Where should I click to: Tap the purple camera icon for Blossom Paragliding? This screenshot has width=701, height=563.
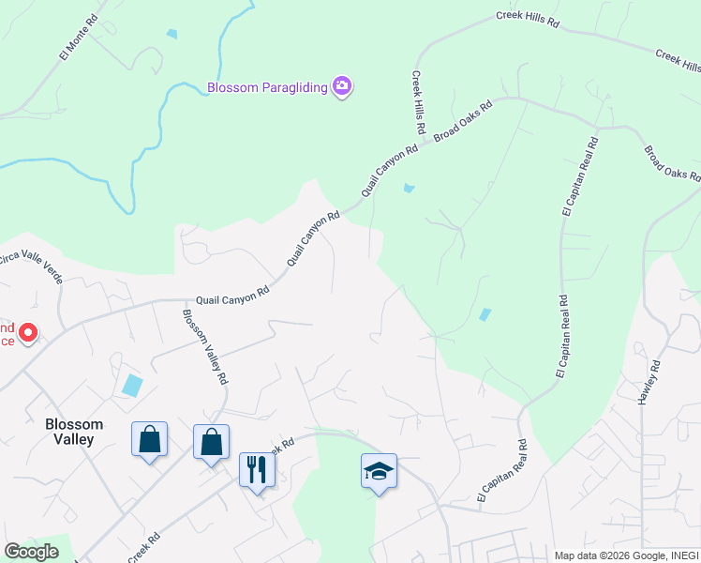pos(342,87)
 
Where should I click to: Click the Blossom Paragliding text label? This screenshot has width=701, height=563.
pos(267,88)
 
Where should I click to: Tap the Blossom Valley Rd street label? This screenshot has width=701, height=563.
pos(205,347)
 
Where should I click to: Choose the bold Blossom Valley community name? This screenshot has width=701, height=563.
pos(74,431)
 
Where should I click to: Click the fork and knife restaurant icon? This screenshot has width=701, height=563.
pos(257,468)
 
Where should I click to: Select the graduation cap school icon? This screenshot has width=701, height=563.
pos(379,470)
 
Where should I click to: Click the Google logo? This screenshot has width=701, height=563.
pos(31,552)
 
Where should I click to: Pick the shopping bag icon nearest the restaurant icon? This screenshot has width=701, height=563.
pos(211,441)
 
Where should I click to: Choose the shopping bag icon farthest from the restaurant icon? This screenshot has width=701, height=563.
pos(149,438)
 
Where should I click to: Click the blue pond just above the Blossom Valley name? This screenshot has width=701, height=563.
pos(132,385)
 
